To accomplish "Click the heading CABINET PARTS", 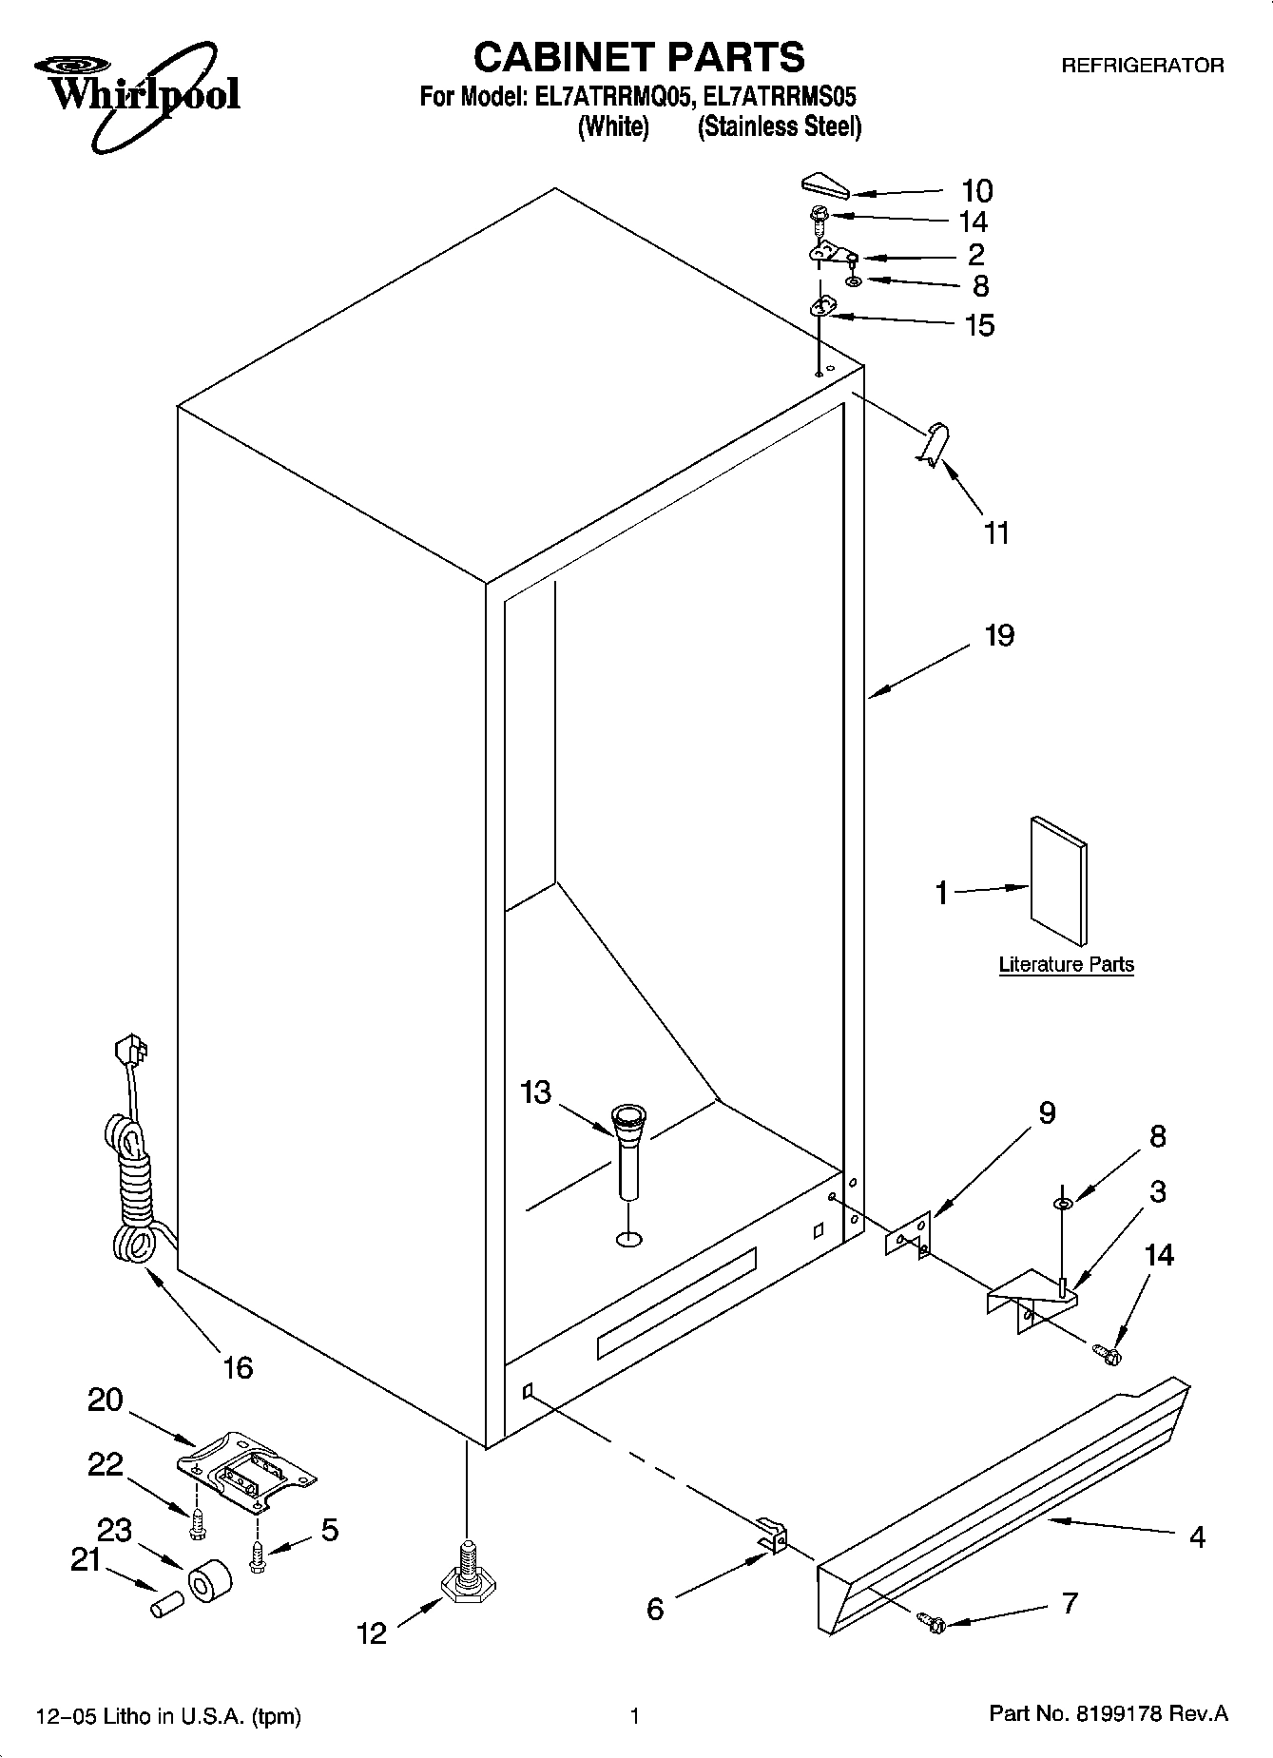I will (638, 58).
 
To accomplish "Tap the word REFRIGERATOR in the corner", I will (1142, 66).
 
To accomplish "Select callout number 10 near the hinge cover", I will (976, 191).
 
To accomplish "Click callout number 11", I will (995, 533).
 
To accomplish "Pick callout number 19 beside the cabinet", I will (999, 635).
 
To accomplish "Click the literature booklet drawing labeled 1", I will (1058, 881).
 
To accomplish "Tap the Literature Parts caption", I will (1066, 965).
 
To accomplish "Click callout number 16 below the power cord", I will (238, 1367).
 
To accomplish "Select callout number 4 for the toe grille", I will (1197, 1536).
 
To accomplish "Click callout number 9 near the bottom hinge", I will (1047, 1112).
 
